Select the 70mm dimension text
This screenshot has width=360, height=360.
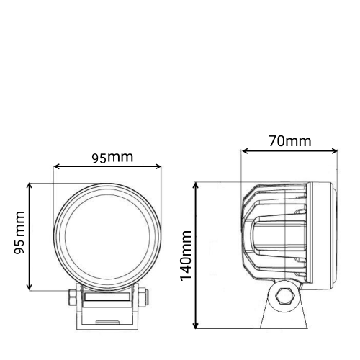pos(289,141)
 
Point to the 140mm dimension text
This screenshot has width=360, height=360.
pos(186,256)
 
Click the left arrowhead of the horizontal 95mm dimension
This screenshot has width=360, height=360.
pos(56,168)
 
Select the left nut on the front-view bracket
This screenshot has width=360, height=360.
pos(73,296)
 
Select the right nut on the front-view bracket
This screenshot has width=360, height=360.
pos(141,296)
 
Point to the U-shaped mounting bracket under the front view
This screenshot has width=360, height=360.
pos(107,317)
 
